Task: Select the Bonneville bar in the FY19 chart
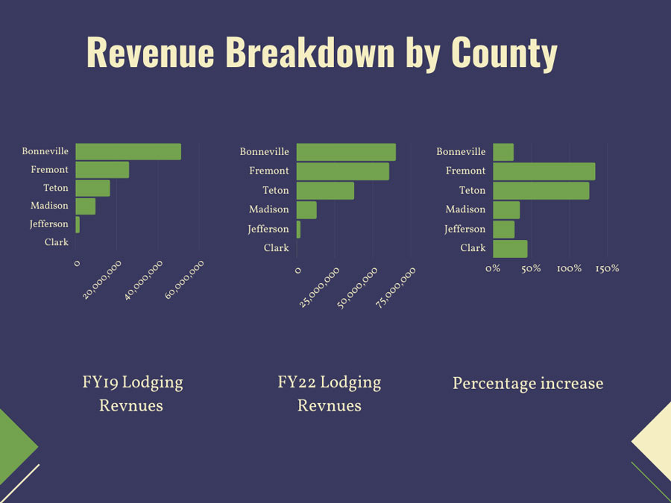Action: point(128,151)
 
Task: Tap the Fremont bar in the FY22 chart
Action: point(342,171)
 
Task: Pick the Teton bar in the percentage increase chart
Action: point(541,191)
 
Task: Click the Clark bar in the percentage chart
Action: point(510,248)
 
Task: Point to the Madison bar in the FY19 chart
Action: point(86,206)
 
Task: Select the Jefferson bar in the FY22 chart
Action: point(299,230)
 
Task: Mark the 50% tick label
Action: point(531,268)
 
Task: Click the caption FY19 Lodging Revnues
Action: point(132,394)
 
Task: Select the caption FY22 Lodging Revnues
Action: point(329,394)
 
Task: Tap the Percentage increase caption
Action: point(527,384)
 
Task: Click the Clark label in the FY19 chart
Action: point(56,242)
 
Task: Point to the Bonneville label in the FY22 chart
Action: point(264,152)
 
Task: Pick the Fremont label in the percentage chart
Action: point(465,171)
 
